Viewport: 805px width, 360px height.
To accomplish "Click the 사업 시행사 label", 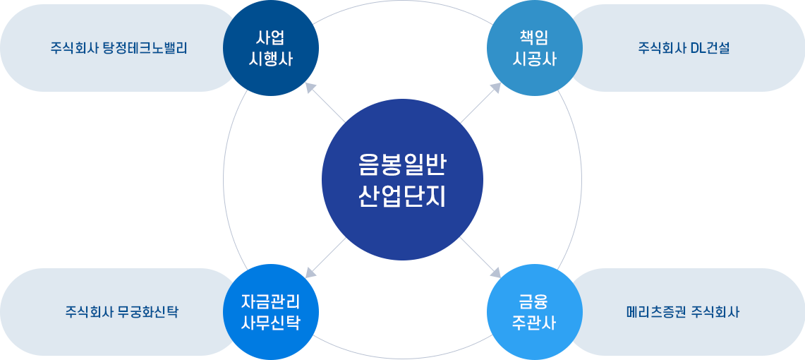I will [x=271, y=48].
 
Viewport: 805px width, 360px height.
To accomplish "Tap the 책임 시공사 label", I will [x=534, y=48].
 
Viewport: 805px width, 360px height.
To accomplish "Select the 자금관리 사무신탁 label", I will [x=271, y=312].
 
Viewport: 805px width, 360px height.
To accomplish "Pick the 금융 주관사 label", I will [x=534, y=312].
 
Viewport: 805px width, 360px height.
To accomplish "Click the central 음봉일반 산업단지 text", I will [x=402, y=180].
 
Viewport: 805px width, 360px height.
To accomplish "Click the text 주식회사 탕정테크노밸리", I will [x=119, y=49].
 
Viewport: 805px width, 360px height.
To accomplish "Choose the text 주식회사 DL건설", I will [x=684, y=49].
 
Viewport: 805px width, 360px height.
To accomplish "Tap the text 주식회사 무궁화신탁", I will [x=122, y=312].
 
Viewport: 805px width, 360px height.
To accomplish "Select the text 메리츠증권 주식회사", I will [x=683, y=312].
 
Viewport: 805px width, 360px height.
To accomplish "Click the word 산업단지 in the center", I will [x=402, y=196].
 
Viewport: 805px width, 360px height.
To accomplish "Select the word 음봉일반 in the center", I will [x=402, y=164].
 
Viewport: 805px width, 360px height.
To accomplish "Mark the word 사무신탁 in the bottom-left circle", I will [x=271, y=323].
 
